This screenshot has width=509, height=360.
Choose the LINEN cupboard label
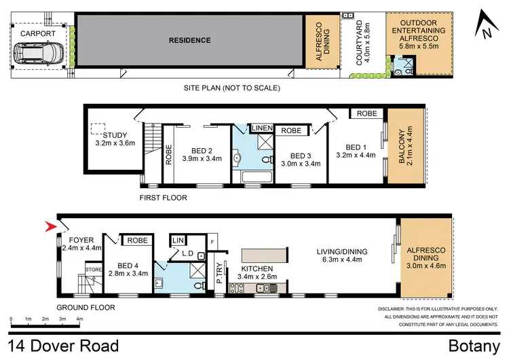click(262, 128)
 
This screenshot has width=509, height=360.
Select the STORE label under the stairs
click(92, 270)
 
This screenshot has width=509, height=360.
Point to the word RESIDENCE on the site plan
click(189, 40)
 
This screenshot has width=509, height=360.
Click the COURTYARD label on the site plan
click(360, 38)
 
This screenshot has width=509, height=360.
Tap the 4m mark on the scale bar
click(79, 319)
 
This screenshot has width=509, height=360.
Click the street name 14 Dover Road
click(64, 345)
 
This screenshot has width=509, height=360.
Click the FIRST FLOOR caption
click(163, 198)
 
